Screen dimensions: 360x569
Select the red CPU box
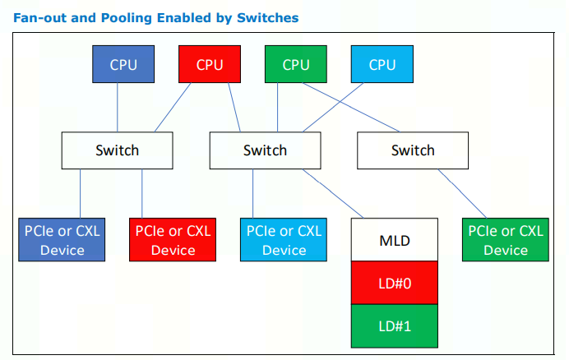[210, 65]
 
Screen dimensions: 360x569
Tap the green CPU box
[296, 65]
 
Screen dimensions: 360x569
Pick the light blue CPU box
[382, 65]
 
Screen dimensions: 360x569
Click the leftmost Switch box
[117, 150]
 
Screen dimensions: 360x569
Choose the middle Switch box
[265, 150]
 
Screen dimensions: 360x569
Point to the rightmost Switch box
[413, 150]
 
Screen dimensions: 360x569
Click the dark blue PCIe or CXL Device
[62, 240]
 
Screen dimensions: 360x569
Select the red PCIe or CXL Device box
[173, 240]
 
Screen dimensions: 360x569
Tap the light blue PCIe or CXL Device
[284, 240]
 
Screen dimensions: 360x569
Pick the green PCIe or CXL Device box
[506, 240]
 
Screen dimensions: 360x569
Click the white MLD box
[395, 241]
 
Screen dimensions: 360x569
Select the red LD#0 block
[395, 284]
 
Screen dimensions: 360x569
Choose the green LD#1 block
[395, 326]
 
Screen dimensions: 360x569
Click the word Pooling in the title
[111, 17]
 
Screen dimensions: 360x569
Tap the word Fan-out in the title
[39, 17]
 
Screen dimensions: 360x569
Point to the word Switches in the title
[270, 17]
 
